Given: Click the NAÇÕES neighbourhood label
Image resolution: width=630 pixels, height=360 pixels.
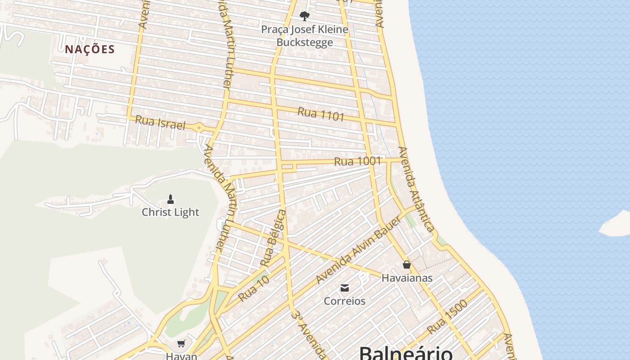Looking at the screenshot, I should [90, 49].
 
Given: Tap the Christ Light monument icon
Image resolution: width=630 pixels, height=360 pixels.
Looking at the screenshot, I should [171, 198].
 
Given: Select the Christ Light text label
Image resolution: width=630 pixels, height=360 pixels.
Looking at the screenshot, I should [171, 212].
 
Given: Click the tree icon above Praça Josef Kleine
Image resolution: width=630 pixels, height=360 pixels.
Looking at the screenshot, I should [305, 16].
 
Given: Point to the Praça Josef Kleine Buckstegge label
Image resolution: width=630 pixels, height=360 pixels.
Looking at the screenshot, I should [305, 36].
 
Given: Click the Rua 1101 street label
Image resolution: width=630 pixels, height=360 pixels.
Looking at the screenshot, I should [321, 114].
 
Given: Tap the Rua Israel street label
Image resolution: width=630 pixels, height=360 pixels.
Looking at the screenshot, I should [160, 122].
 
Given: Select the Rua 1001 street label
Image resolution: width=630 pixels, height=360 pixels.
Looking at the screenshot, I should [358, 161].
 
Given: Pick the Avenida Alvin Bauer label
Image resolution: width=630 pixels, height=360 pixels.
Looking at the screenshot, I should [358, 249].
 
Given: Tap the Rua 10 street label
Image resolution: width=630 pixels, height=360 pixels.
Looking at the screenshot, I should [254, 288].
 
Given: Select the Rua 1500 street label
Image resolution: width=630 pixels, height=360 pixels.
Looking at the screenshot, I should [447, 316].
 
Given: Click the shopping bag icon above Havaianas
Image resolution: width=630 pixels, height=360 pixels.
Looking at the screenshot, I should [407, 265].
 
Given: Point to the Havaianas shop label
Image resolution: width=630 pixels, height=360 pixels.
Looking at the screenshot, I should [407, 278].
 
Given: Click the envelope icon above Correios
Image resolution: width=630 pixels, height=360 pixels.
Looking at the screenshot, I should [345, 288].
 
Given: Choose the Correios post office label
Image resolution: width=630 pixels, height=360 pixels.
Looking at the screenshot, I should [345, 301].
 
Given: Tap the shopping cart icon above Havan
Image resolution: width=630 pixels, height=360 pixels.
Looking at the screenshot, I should [181, 344].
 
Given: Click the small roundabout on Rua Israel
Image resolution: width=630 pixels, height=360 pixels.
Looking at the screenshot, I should [199, 127].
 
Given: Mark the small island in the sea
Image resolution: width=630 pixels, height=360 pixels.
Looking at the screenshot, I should [616, 223].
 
